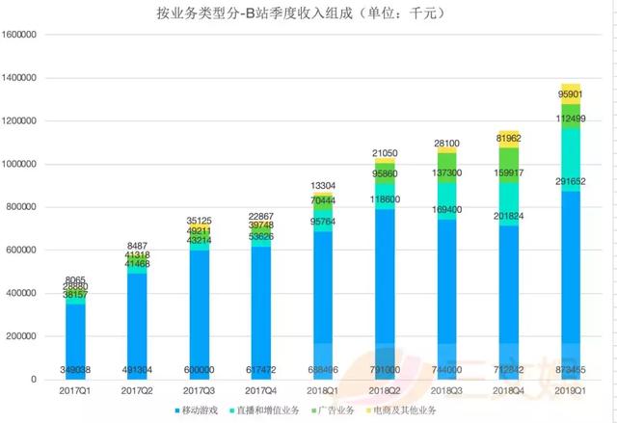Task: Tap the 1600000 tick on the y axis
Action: click(20, 35)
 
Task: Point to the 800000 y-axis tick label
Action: click(23, 207)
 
